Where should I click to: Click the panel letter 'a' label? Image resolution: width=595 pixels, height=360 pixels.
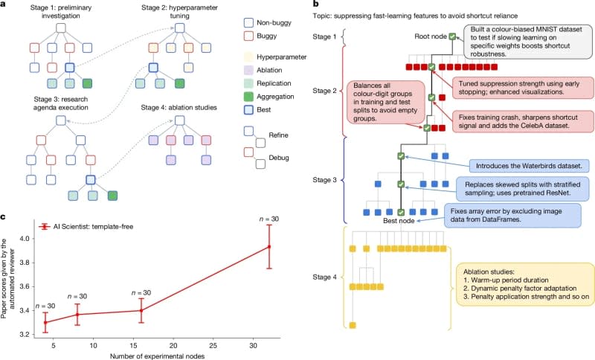pos(7,5)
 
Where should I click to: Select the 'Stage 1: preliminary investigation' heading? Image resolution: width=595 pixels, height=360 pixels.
pos(59,13)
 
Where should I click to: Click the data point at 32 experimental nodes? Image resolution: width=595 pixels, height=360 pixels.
pos(269,246)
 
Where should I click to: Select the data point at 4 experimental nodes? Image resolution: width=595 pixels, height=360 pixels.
pos(45,322)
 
